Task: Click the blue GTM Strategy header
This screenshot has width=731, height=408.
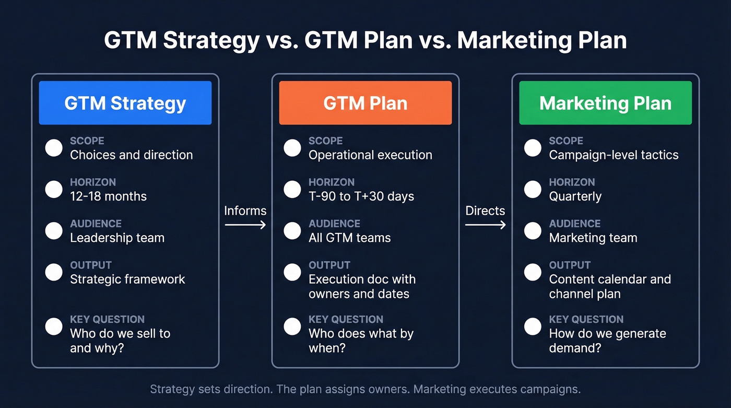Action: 125,103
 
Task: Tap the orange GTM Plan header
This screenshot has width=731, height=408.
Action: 365,103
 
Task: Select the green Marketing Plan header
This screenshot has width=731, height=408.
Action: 605,103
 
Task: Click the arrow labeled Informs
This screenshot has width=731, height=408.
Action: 245,225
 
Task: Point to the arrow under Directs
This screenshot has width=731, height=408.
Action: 485,225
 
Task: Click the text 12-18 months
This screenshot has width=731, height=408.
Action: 108,196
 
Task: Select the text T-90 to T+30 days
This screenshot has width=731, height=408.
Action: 361,196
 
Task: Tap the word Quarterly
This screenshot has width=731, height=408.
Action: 575,196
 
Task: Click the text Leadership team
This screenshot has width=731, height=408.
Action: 117,238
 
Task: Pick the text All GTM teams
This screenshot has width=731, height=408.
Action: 349,238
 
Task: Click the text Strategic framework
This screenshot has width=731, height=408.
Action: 127,279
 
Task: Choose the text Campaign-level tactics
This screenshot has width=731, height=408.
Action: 614,155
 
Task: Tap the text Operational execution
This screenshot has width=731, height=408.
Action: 370,155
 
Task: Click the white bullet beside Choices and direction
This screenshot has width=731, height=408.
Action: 54,148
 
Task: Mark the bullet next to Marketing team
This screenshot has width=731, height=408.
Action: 533,230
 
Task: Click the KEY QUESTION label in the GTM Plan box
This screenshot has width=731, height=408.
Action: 346,319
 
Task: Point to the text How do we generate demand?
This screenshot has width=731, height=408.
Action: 607,340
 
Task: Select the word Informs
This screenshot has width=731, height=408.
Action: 245,211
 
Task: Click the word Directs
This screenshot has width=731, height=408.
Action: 485,211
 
